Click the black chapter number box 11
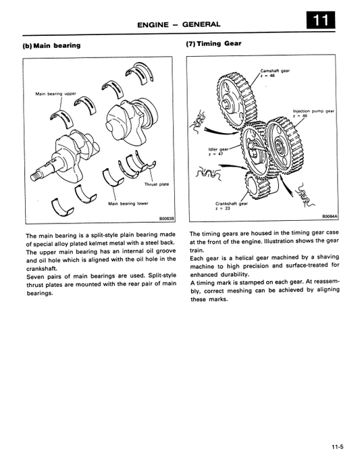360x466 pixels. click(x=320, y=20)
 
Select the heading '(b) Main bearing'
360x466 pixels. click(x=51, y=45)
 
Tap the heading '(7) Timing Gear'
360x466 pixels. click(x=213, y=44)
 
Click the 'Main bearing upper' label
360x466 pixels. click(x=55, y=94)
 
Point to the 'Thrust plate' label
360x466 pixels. click(x=157, y=184)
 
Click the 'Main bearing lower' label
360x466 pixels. click(x=128, y=203)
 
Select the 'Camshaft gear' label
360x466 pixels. click(x=275, y=71)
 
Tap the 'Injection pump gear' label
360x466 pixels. click(x=313, y=111)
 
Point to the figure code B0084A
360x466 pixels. click(x=330, y=217)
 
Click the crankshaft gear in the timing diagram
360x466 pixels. click(x=257, y=187)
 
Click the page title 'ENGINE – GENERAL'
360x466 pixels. click(x=179, y=24)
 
